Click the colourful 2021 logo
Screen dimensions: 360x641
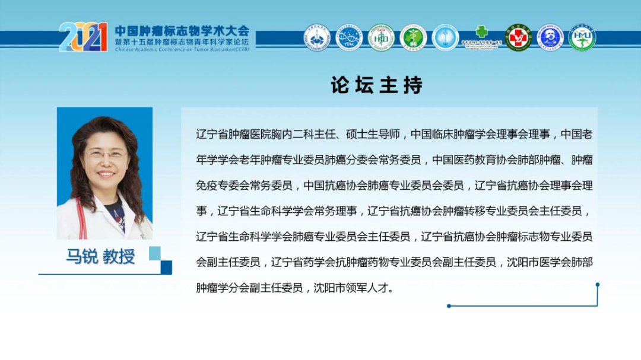(x=83, y=37)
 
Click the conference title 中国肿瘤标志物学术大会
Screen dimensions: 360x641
(x=182, y=30)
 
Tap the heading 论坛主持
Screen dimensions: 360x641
(x=377, y=85)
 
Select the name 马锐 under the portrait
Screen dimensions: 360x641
(x=82, y=256)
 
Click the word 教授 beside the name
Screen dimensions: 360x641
(x=119, y=256)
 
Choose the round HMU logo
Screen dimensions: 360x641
(x=582, y=37)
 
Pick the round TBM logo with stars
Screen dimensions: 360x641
(x=349, y=37)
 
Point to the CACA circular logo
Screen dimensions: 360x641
(x=381, y=37)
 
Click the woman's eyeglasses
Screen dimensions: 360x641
(x=105, y=155)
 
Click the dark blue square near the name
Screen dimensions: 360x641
(x=166, y=267)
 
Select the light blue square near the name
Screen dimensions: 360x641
(x=154, y=254)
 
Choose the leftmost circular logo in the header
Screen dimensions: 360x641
(x=317, y=37)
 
